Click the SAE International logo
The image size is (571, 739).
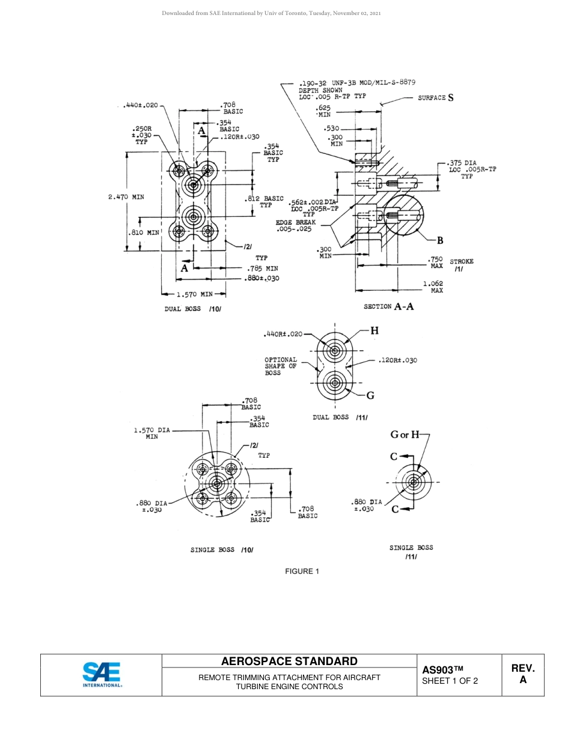(x=102, y=675)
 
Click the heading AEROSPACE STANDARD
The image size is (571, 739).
(x=289, y=661)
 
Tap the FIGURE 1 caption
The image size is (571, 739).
(x=302, y=571)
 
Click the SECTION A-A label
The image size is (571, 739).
(x=388, y=306)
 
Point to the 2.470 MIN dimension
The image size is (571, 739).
(x=126, y=196)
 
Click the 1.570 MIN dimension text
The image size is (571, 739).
(x=194, y=294)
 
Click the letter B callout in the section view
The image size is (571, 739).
(x=440, y=241)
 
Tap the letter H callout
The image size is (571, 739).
(x=374, y=330)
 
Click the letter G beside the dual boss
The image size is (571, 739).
(x=370, y=395)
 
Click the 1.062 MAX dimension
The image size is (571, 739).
(x=433, y=287)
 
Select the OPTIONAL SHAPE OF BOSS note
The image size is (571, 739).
(x=281, y=366)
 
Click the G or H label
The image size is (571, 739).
(x=405, y=434)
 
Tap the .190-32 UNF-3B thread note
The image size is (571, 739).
(x=357, y=84)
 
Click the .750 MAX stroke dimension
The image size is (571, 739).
(x=435, y=263)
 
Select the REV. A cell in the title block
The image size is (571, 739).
(x=522, y=674)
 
